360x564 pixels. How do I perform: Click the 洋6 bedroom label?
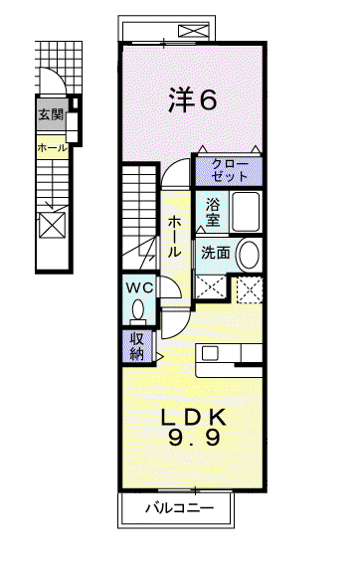pyautogui.click(x=193, y=100)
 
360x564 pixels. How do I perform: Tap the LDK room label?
pyautogui.click(x=194, y=418)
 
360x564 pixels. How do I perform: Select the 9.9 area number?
pyautogui.click(x=194, y=438)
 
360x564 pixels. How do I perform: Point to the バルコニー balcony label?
pyautogui.click(x=179, y=508)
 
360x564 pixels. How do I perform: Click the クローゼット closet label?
pyautogui.click(x=230, y=170)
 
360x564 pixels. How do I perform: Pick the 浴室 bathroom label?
pyautogui.click(x=213, y=212)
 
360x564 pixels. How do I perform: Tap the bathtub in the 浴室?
pyautogui.click(x=246, y=212)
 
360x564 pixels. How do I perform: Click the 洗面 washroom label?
pyautogui.click(x=216, y=253)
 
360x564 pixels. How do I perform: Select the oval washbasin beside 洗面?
pyautogui.click(x=249, y=255)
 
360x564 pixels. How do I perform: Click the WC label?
pyautogui.click(x=139, y=287)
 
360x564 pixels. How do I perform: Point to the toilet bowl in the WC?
pyautogui.click(x=138, y=309)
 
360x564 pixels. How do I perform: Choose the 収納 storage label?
pyautogui.click(x=137, y=346)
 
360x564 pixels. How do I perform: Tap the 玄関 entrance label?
pyautogui.click(x=51, y=114)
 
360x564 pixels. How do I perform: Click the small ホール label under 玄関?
pyautogui.click(x=52, y=147)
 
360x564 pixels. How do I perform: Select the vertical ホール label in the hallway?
pyautogui.click(x=175, y=237)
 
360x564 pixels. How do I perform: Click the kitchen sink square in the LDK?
pyautogui.click(x=210, y=353)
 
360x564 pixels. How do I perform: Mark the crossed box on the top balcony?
pyautogui.click(x=194, y=31)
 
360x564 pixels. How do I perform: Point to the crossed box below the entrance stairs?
pyautogui.click(x=52, y=225)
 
